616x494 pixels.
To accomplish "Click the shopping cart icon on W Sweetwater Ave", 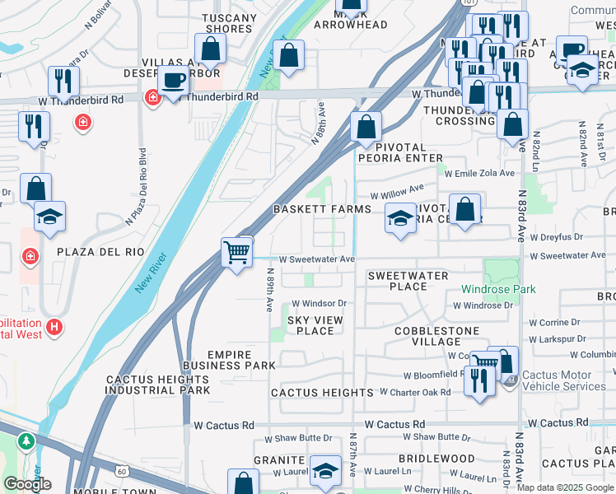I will click(237, 251).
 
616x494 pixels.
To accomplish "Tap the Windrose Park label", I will click(498, 289).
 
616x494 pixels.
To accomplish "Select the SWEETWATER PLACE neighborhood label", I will click(408, 281).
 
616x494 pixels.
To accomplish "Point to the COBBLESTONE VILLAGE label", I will click(436, 336).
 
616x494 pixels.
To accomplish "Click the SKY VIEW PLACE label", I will click(315, 325).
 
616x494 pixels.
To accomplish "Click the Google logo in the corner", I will click(27, 484).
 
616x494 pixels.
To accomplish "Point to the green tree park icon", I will click(27, 442).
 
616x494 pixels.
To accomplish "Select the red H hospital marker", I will click(54, 328).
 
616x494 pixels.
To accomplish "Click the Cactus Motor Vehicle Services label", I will click(563, 380).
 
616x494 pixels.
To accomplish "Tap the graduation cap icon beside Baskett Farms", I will click(400, 219).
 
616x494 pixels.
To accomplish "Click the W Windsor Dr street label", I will click(319, 303).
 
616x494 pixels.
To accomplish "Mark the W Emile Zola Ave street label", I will click(478, 173).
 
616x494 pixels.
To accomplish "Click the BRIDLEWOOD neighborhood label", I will click(436, 458).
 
